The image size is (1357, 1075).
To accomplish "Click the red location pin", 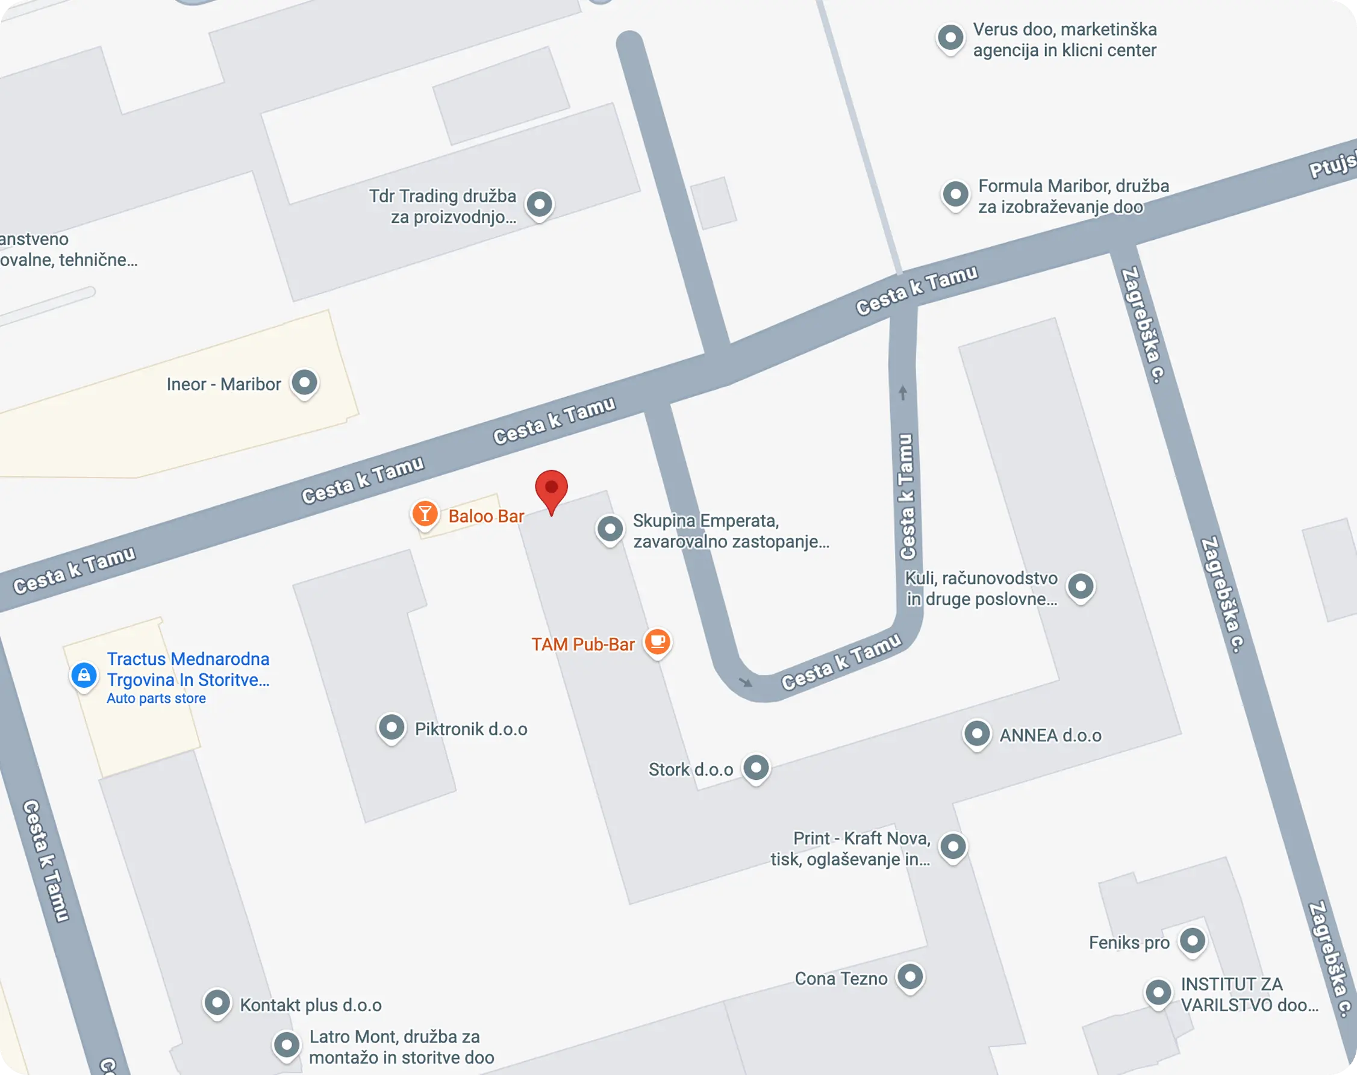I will pyautogui.click(x=551, y=489).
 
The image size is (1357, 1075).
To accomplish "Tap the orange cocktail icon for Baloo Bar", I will pyautogui.click(x=425, y=514).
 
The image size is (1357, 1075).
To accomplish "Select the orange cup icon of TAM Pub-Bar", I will pyautogui.click(x=658, y=642).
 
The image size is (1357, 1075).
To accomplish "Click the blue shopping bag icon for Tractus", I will pyautogui.click(x=84, y=675).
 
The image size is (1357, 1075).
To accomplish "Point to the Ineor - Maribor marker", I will pyautogui.click(x=305, y=382).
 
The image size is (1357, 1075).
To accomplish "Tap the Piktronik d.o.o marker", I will pyautogui.click(x=391, y=728).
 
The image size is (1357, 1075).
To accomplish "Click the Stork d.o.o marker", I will pyautogui.click(x=756, y=767).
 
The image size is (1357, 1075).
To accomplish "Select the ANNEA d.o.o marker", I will pyautogui.click(x=977, y=734).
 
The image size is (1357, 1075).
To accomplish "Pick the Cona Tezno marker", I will pyautogui.click(x=910, y=977).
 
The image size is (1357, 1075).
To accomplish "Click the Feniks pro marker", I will pyautogui.click(x=1192, y=941).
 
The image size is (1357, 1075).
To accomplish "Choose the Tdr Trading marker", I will pyautogui.click(x=540, y=204).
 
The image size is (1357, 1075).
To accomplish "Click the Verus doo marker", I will pyautogui.click(x=950, y=38).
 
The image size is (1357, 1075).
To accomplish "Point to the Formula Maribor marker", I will pyautogui.click(x=955, y=194).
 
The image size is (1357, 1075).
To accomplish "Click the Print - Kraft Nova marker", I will pyautogui.click(x=953, y=846).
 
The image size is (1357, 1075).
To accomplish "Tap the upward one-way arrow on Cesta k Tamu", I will pyautogui.click(x=903, y=393).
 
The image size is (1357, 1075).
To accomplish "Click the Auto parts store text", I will pyautogui.click(x=156, y=698).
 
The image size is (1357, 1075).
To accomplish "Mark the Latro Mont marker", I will pyautogui.click(x=286, y=1045).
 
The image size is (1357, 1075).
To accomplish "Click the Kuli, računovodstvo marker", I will pyautogui.click(x=1081, y=586).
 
